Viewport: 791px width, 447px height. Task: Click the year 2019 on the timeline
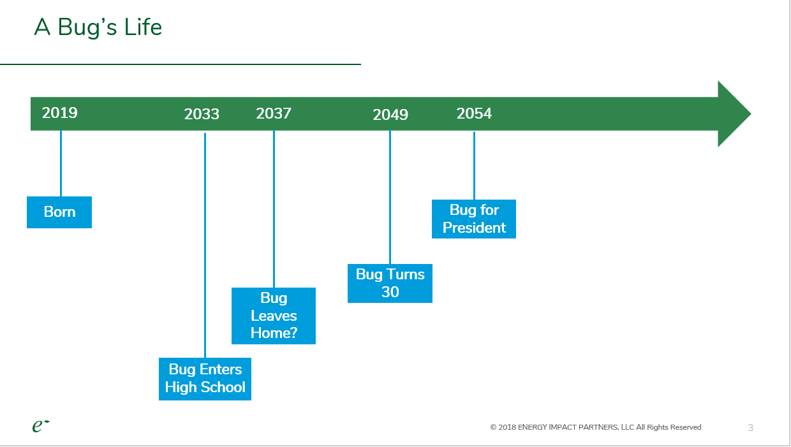[60, 113]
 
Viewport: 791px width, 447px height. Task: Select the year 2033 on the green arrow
[202, 114]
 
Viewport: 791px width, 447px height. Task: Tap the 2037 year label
[274, 114]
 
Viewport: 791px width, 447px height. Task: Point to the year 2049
[390, 115]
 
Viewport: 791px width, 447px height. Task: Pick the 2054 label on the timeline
[474, 114]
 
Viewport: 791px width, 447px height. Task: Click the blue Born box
[59, 212]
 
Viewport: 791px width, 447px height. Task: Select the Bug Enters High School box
[205, 379]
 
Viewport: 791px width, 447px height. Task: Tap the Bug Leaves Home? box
[274, 316]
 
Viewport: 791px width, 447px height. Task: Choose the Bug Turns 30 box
[390, 283]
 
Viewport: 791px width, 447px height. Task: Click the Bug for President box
[474, 219]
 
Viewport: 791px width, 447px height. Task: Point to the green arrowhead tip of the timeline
[751, 114]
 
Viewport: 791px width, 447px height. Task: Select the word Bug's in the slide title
[87, 27]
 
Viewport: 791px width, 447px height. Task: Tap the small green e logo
[41, 426]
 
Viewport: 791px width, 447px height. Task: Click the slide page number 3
[750, 428]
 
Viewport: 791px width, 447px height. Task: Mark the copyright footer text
[596, 427]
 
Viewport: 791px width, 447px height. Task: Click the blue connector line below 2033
[205, 245]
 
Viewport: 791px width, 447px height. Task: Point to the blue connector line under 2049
[390, 198]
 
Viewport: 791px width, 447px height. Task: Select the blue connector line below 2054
[474, 166]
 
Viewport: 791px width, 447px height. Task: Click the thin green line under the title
[181, 64]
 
